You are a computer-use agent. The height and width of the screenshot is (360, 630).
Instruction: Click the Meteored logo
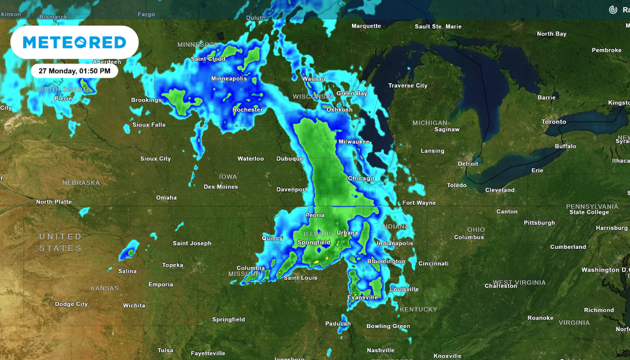[x=74, y=42]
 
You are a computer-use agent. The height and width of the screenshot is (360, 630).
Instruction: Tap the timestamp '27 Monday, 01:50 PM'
[x=74, y=71]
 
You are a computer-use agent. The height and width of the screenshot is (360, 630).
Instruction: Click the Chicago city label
[x=361, y=178]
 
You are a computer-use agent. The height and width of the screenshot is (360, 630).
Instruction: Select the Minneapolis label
[x=229, y=79]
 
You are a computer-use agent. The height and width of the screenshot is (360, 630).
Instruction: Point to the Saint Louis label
[x=300, y=278]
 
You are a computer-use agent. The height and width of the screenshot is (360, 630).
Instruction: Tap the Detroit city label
[x=468, y=164]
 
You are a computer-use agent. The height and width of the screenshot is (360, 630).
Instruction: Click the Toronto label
[x=554, y=122]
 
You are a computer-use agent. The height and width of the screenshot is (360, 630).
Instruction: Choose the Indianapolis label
[x=395, y=243]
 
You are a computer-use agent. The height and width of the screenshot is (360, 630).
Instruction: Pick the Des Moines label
[x=220, y=186]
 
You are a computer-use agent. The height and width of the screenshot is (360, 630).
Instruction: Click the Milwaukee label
[x=354, y=142]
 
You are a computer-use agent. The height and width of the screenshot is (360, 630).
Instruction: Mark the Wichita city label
[x=134, y=305]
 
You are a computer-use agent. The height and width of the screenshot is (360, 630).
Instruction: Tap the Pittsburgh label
[x=540, y=223]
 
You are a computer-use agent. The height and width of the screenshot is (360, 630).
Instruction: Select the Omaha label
[x=166, y=198]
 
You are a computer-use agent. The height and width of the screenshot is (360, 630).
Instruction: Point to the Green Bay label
[x=351, y=94]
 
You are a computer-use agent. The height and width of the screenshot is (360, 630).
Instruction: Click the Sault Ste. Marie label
[x=438, y=26]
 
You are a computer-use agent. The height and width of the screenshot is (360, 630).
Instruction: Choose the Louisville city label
[x=404, y=289]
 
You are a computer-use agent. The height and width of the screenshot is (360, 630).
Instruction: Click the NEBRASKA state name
[x=81, y=183]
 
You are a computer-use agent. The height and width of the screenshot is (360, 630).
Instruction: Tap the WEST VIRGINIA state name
[x=519, y=282]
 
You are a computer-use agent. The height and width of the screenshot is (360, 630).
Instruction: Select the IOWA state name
[x=228, y=177]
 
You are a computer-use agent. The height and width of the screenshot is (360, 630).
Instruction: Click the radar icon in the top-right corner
[x=613, y=10]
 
